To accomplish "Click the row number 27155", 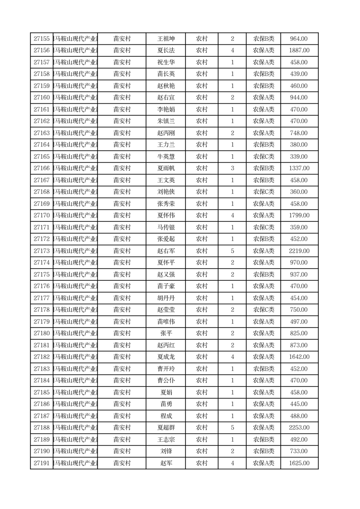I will tap(42, 39).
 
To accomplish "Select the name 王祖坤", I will tap(165, 39).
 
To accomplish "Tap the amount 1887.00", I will tap(299, 51).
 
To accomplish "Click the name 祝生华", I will tap(165, 63).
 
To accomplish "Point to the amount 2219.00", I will tap(299, 251).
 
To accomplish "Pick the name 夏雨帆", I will tap(165, 168).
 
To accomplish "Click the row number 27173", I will tap(42, 251).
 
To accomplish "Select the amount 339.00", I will tap(299, 157).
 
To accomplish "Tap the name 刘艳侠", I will tap(165, 192).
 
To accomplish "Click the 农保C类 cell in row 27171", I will tap(263, 227).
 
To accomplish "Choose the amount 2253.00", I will tap(299, 428).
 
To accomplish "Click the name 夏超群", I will tap(165, 428).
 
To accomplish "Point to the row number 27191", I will tap(42, 463).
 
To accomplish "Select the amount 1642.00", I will tap(299, 357).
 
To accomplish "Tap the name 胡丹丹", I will tap(165, 298).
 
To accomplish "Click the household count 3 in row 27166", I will tap(233, 168).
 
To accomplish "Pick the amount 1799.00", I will tap(299, 215).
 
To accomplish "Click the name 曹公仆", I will tap(165, 381).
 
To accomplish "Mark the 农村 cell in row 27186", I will tap(202, 404).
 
